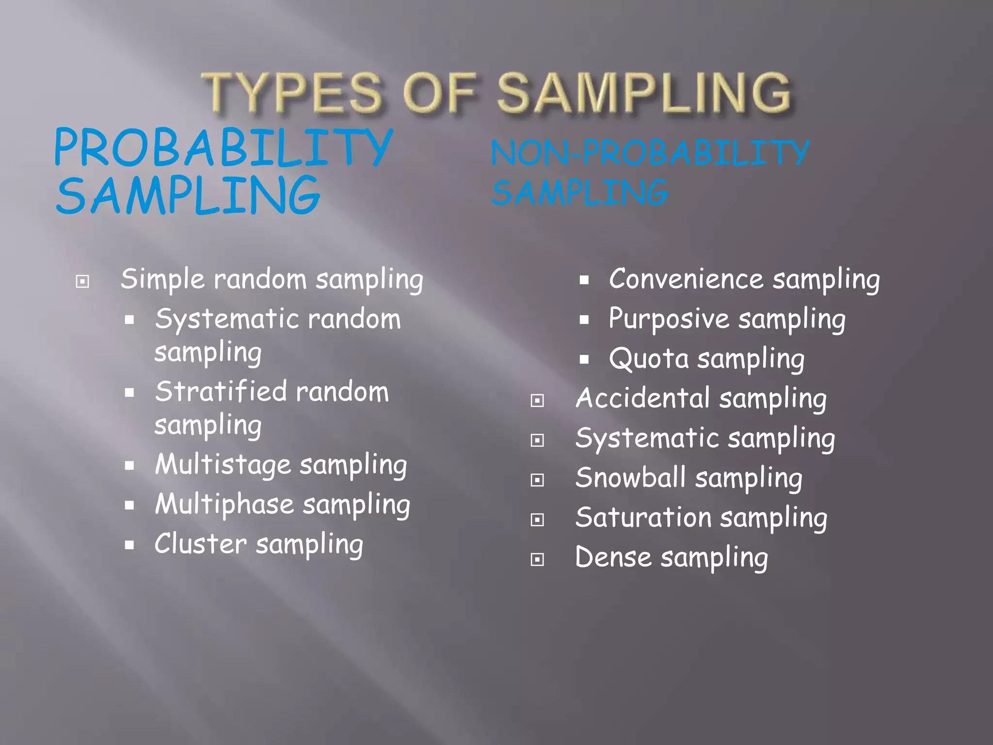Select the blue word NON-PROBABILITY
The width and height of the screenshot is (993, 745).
pos(650,153)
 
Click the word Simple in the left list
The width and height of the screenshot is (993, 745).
pos(163,280)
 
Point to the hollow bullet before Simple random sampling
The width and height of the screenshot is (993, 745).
pos(82,281)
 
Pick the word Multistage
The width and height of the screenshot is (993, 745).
pos(223,465)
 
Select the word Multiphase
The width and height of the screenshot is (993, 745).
pos(224,504)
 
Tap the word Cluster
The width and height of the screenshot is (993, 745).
pos(201,544)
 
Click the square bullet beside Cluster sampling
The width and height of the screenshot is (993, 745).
pos(129,545)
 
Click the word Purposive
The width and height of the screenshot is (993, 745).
pos(669,320)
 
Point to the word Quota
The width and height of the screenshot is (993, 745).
pos(649,359)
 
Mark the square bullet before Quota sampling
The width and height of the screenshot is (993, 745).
pos(584,360)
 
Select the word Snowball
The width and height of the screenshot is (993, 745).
pos(630,478)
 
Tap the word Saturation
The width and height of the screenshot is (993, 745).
pos(643,518)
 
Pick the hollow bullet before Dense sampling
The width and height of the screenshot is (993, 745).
pos(537,560)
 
